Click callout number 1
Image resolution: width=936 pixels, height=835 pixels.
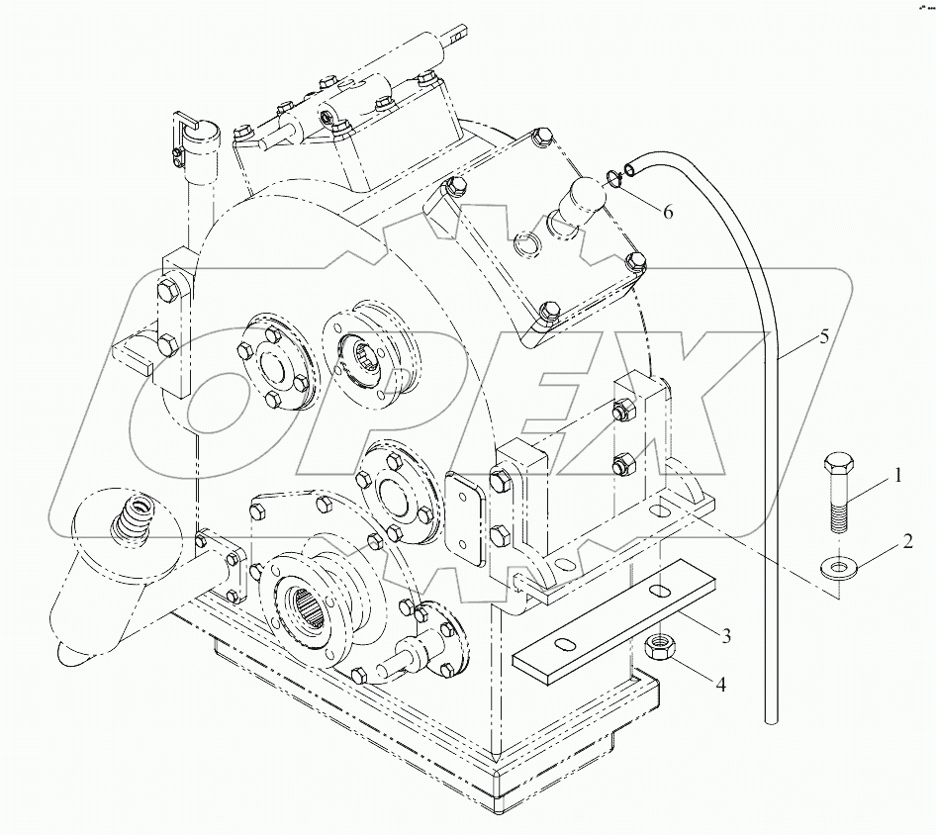point(897,475)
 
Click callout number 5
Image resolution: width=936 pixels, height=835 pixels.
point(823,336)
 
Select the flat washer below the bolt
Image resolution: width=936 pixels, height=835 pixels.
point(838,567)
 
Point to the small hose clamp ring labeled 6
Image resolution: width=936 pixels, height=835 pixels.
point(613,179)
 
